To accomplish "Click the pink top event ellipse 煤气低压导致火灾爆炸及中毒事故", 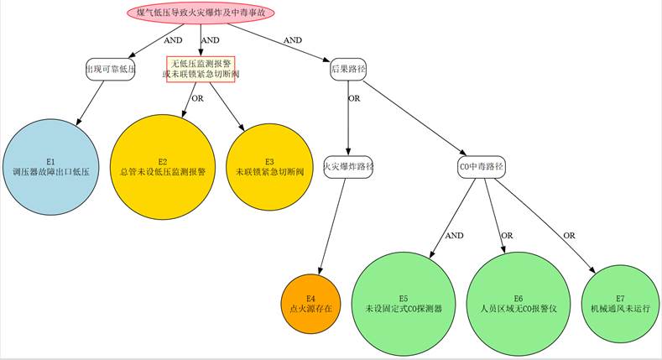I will pos(201,13).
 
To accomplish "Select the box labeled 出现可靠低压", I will pos(111,69).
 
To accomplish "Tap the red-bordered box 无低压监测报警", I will pos(201,69).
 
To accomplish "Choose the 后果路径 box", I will pos(348,69).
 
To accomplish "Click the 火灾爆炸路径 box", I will pos(348,166).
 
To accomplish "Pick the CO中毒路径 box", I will pos(482,166).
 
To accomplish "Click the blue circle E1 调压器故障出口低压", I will pos(50,166).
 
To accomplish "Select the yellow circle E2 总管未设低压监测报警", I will pos(163,166).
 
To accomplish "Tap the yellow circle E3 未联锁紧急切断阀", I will pos(269,166).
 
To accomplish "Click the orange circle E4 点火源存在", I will pos(310,303).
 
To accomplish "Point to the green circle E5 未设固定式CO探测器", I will pos(404,303).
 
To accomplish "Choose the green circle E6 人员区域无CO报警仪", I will pos(519,303).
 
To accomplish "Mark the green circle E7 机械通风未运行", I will pos(620,303).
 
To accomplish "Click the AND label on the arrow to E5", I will pos(454,236).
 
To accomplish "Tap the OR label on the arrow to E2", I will pos(198,98).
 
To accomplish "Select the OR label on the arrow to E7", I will pos(569,236).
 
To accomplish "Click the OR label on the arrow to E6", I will pos(507,236).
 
